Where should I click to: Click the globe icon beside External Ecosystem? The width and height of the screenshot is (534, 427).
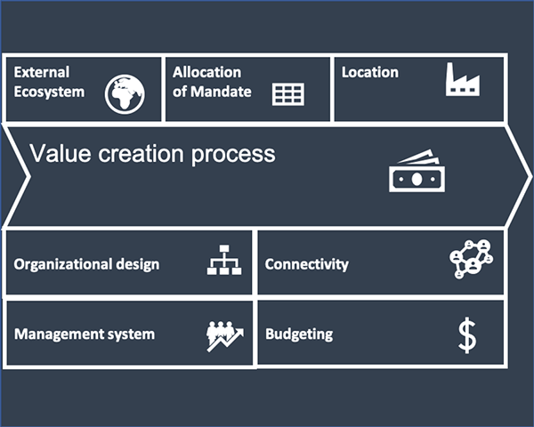[125, 94]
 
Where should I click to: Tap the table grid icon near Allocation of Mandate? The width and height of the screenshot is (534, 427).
[288, 94]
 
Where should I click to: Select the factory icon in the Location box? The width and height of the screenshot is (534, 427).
[463, 79]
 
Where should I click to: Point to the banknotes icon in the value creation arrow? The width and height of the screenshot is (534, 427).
[417, 171]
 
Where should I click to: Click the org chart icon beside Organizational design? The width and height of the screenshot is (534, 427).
[224, 260]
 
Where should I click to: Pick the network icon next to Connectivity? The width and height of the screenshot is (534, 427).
[472, 259]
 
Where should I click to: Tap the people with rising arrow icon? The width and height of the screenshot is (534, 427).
[225, 336]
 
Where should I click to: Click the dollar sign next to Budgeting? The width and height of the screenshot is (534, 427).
[467, 335]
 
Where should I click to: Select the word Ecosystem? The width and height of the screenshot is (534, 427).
[49, 93]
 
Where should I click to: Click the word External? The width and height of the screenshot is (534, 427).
[42, 72]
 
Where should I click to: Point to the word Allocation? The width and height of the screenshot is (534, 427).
[206, 72]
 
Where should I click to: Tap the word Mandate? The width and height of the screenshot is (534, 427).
[221, 92]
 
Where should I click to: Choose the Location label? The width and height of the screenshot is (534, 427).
[370, 72]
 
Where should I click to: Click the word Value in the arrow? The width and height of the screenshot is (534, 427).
[61, 153]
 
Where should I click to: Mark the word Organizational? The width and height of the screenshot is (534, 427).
[63, 264]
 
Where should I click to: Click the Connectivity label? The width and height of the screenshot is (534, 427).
[306, 264]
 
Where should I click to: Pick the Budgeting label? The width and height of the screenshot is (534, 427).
[299, 334]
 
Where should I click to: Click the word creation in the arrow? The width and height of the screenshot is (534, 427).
[142, 154]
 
